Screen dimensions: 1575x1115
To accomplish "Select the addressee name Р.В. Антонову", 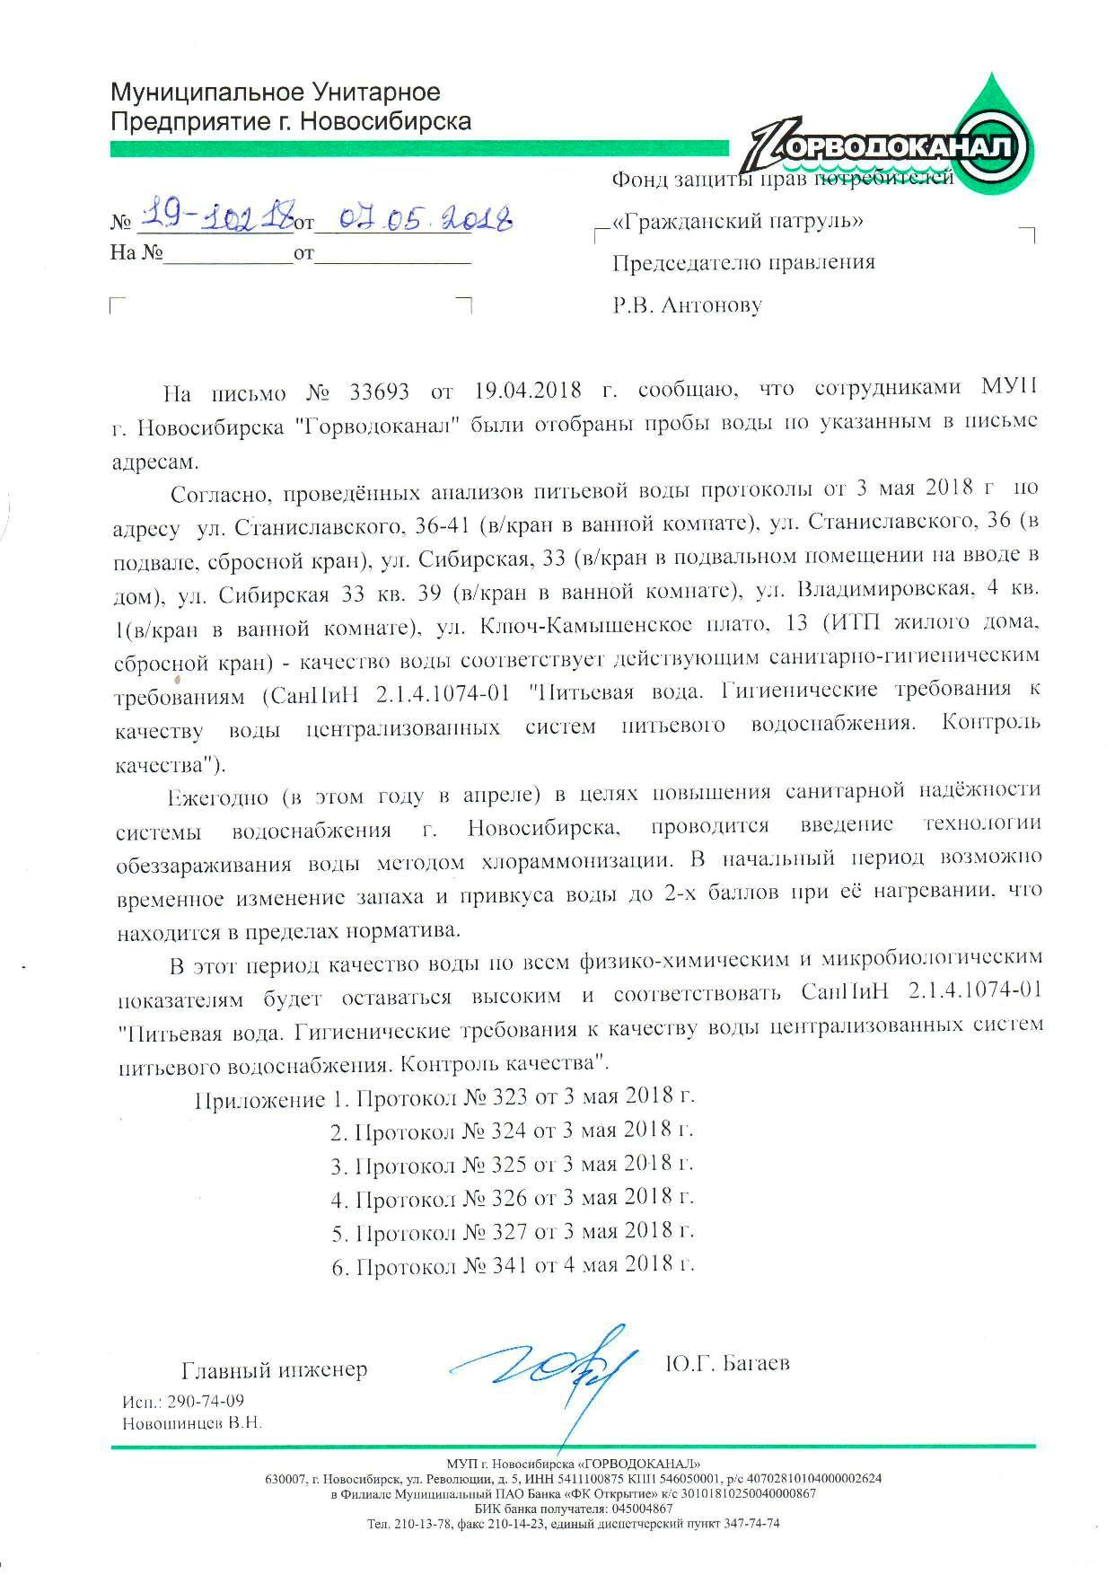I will point(687,305).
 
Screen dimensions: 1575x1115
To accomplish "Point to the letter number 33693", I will point(372,392).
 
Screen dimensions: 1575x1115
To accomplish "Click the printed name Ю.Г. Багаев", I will point(727,1363).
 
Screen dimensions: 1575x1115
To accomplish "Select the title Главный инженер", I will point(275,1369).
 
